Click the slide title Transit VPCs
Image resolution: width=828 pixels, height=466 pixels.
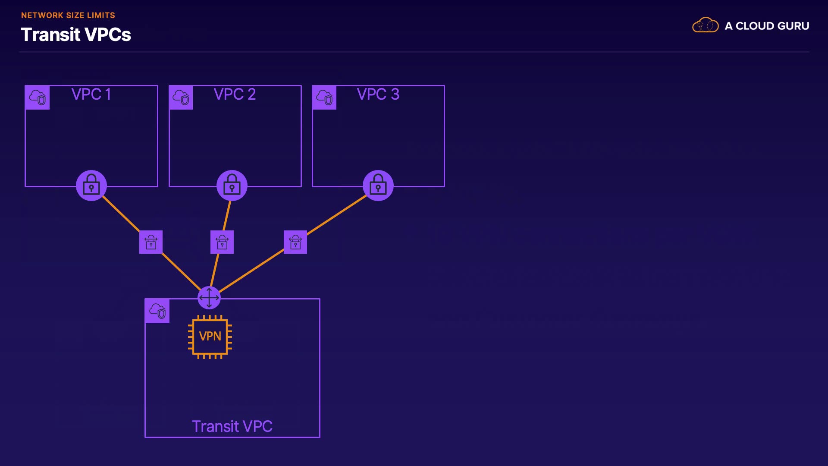(x=76, y=35)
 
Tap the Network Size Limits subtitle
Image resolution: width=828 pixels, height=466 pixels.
(x=68, y=15)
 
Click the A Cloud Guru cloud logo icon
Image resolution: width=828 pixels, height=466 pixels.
(x=706, y=25)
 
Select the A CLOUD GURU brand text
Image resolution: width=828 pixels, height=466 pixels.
(x=767, y=26)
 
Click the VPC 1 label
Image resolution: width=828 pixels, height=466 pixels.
(x=91, y=94)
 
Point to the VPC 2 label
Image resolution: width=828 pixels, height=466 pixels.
(x=235, y=94)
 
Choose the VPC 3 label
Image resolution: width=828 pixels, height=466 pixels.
(x=378, y=94)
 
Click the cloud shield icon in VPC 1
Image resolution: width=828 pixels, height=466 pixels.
(x=38, y=98)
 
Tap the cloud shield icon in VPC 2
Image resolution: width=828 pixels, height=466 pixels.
(x=181, y=98)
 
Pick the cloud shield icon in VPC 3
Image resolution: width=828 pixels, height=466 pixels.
(x=324, y=98)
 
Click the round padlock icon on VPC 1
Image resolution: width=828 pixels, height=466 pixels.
(x=91, y=186)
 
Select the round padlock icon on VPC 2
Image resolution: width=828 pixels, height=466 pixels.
(x=232, y=186)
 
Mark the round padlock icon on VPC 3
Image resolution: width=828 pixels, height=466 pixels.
(x=378, y=186)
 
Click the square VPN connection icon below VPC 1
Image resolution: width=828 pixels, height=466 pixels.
(x=151, y=242)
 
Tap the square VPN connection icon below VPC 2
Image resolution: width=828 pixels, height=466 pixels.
(x=222, y=242)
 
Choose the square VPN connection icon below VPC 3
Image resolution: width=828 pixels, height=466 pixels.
(x=295, y=242)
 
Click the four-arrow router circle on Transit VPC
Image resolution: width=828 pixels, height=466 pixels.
(x=209, y=298)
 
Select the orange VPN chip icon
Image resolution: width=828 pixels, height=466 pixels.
(x=210, y=337)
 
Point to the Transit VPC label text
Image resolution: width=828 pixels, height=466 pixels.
(x=232, y=426)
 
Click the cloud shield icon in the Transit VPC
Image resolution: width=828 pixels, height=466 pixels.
(x=157, y=311)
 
